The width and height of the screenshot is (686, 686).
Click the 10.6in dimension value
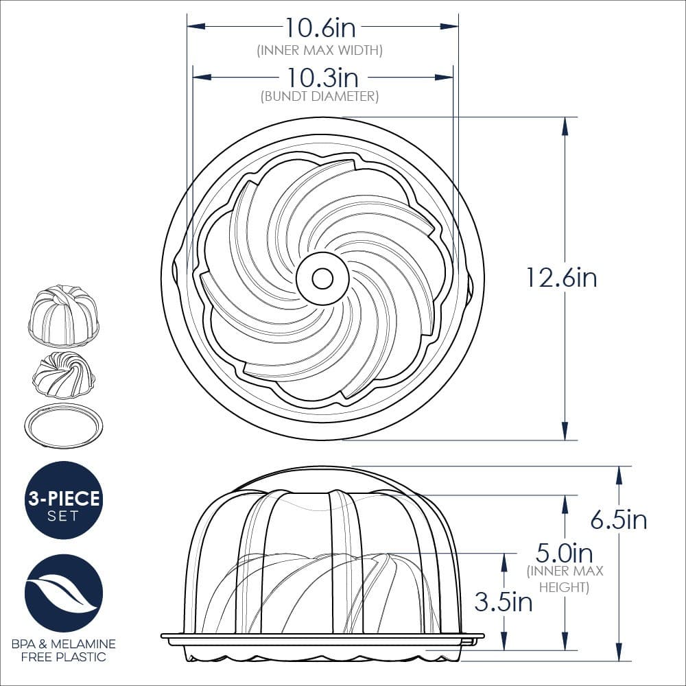320,27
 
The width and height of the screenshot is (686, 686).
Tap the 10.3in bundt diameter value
320,77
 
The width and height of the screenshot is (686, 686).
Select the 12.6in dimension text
561,278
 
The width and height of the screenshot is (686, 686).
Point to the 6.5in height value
619,520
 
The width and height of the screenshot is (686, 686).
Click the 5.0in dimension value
564,552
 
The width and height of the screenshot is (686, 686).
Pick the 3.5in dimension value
503,602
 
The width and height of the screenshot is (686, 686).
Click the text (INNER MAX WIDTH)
320,50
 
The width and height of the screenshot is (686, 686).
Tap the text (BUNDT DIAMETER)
320,97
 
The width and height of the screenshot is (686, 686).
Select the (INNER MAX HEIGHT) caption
565,579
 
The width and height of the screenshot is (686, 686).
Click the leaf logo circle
64,593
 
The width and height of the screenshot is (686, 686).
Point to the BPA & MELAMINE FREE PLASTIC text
64,650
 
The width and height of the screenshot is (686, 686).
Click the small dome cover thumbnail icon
64,315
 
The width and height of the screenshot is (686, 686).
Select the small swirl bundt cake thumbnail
64,376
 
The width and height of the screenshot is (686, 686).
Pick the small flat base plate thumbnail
64,425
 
